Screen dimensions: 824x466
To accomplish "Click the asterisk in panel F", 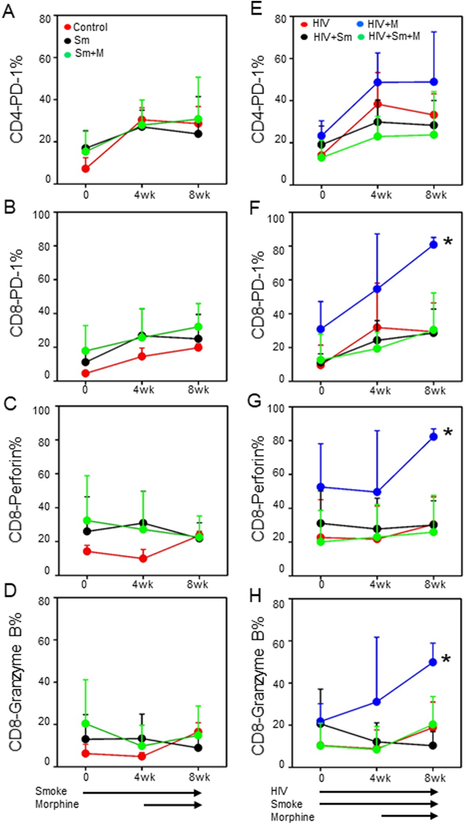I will pyautogui.click(x=448, y=241).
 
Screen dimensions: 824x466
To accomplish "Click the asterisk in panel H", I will pyautogui.click(x=446, y=659).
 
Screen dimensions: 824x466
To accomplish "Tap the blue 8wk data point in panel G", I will pyautogui.click(x=433, y=436).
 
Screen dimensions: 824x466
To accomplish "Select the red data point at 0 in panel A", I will pyautogui.click(x=85, y=168).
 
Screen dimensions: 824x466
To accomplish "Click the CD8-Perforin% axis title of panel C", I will pyautogui.click(x=16, y=489).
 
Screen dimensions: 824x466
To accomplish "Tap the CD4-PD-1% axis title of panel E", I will pyautogui.click(x=258, y=99).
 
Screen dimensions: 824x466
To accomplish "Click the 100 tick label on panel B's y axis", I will pyautogui.click(x=42, y=214).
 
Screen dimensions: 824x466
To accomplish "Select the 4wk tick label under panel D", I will pyautogui.click(x=144, y=777).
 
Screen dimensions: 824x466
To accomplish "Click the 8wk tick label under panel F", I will pyautogui.click(x=435, y=390).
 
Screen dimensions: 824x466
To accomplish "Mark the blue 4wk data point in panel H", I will pyautogui.click(x=377, y=701).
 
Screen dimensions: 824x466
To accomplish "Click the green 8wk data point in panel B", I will pyautogui.click(x=198, y=327).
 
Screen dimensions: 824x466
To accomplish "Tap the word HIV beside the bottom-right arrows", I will pyautogui.click(x=279, y=791).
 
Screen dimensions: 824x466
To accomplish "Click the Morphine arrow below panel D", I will pyautogui.click(x=173, y=805).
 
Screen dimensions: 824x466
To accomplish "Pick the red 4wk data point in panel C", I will pyautogui.click(x=143, y=558).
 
